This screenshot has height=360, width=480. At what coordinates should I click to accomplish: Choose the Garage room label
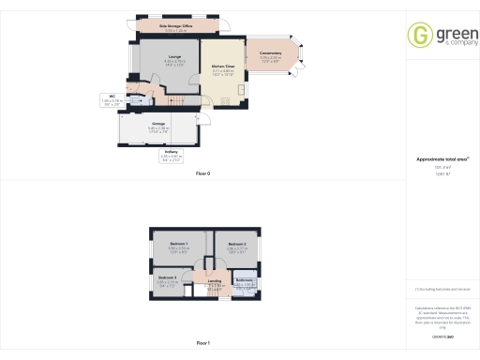click(159, 125)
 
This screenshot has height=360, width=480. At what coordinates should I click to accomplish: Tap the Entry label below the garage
click(172, 153)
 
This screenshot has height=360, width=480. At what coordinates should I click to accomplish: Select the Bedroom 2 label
click(237, 246)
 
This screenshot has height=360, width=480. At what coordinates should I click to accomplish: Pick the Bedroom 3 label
click(168, 279)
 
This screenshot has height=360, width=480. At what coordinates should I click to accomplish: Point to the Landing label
click(215, 282)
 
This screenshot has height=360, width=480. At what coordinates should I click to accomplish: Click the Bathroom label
click(244, 281)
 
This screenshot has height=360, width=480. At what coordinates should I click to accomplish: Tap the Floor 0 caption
click(203, 174)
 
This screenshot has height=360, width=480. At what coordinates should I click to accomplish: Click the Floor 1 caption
click(203, 343)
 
